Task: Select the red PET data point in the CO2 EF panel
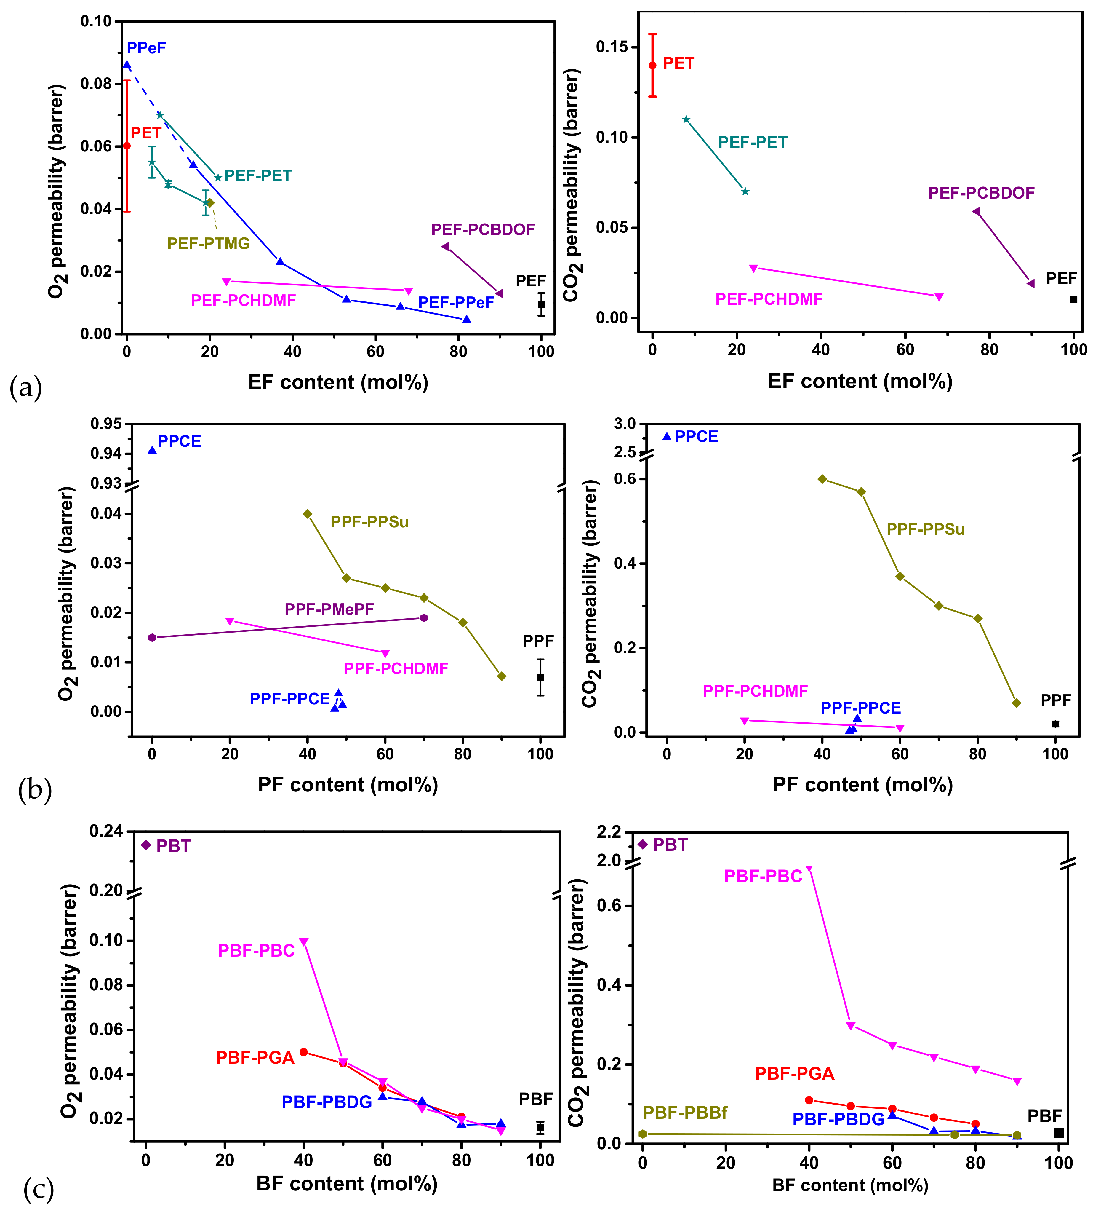tap(652, 65)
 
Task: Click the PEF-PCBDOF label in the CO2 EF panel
tap(981, 193)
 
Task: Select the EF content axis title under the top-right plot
tap(860, 382)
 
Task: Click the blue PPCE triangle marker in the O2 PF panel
tap(152, 449)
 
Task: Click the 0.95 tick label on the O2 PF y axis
tap(106, 424)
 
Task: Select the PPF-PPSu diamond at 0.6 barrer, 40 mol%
tap(822, 479)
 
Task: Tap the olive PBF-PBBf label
tap(685, 1113)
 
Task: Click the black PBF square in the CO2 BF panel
tap(1058, 1133)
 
